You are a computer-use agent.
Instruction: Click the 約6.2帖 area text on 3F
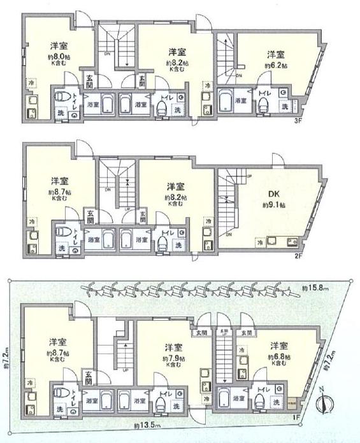click(x=275, y=66)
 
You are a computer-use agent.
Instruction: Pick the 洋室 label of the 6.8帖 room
click(x=278, y=346)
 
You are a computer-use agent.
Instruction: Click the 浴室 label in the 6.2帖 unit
click(x=241, y=101)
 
